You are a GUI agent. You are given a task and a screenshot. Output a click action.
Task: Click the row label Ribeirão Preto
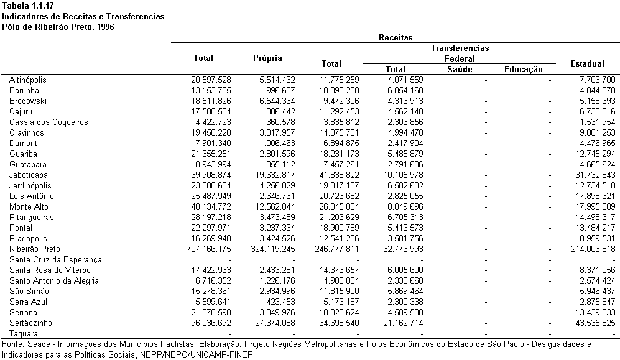(x=35, y=249)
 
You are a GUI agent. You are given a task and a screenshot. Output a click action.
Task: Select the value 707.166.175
(x=209, y=249)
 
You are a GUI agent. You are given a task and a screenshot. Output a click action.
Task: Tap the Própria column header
(x=267, y=58)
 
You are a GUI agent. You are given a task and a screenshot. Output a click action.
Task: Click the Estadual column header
(x=588, y=63)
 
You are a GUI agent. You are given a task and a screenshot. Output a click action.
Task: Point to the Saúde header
(x=460, y=69)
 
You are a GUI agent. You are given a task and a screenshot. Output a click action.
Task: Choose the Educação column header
(x=524, y=70)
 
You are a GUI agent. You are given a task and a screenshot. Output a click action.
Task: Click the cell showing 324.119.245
(x=273, y=249)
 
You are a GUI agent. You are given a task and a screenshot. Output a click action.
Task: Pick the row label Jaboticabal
(x=30, y=175)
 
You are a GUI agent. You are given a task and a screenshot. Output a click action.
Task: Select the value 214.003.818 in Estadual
(x=593, y=249)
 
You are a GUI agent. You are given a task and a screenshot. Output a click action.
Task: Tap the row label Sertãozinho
(x=31, y=323)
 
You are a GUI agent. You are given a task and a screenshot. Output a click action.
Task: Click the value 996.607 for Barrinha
(x=280, y=91)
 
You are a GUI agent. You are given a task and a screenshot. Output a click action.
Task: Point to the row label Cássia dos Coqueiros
(x=49, y=122)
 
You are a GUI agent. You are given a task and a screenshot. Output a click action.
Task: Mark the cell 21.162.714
(x=404, y=323)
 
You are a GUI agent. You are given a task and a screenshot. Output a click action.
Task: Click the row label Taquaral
(x=24, y=334)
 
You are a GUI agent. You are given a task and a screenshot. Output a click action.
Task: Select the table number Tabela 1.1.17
(x=28, y=6)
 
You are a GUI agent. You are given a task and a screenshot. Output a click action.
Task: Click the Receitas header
(x=396, y=37)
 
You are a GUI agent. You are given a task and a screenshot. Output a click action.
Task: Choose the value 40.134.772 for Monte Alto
(x=211, y=206)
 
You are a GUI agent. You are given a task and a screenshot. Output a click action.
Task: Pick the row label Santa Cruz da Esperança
(x=56, y=260)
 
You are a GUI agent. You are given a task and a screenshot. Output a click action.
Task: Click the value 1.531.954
(x=598, y=122)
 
